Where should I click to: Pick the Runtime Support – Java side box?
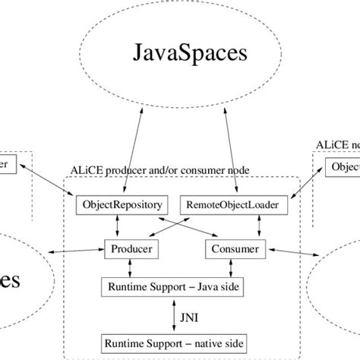pyautogui.click(x=179, y=287)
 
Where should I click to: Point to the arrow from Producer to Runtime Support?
pyautogui.click(x=131, y=268)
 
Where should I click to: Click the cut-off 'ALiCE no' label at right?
pyautogui.click(x=338, y=144)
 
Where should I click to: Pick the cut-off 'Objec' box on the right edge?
pyautogui.click(x=343, y=166)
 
